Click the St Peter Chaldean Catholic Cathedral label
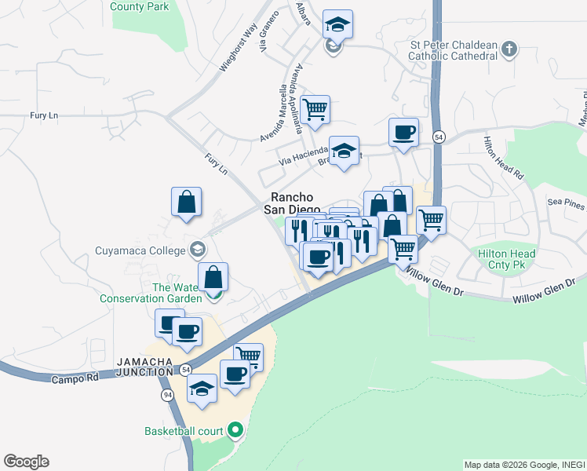point(454,50)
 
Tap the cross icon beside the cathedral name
point(509,49)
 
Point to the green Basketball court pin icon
point(235,430)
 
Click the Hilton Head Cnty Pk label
point(507,259)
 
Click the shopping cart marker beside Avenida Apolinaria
point(315,109)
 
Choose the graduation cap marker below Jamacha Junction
point(202,388)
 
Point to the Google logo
point(26,462)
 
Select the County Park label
point(140,6)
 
